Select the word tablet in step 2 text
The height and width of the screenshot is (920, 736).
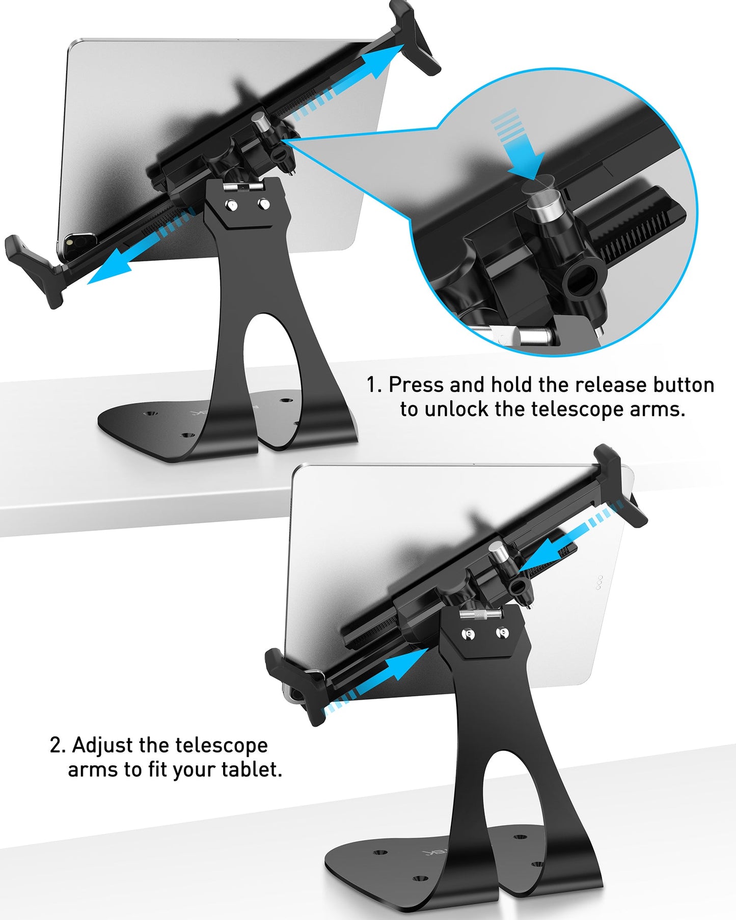[x=251, y=769]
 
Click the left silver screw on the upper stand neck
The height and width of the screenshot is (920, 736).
[x=231, y=206]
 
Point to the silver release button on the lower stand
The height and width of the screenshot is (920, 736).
[x=497, y=552]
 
